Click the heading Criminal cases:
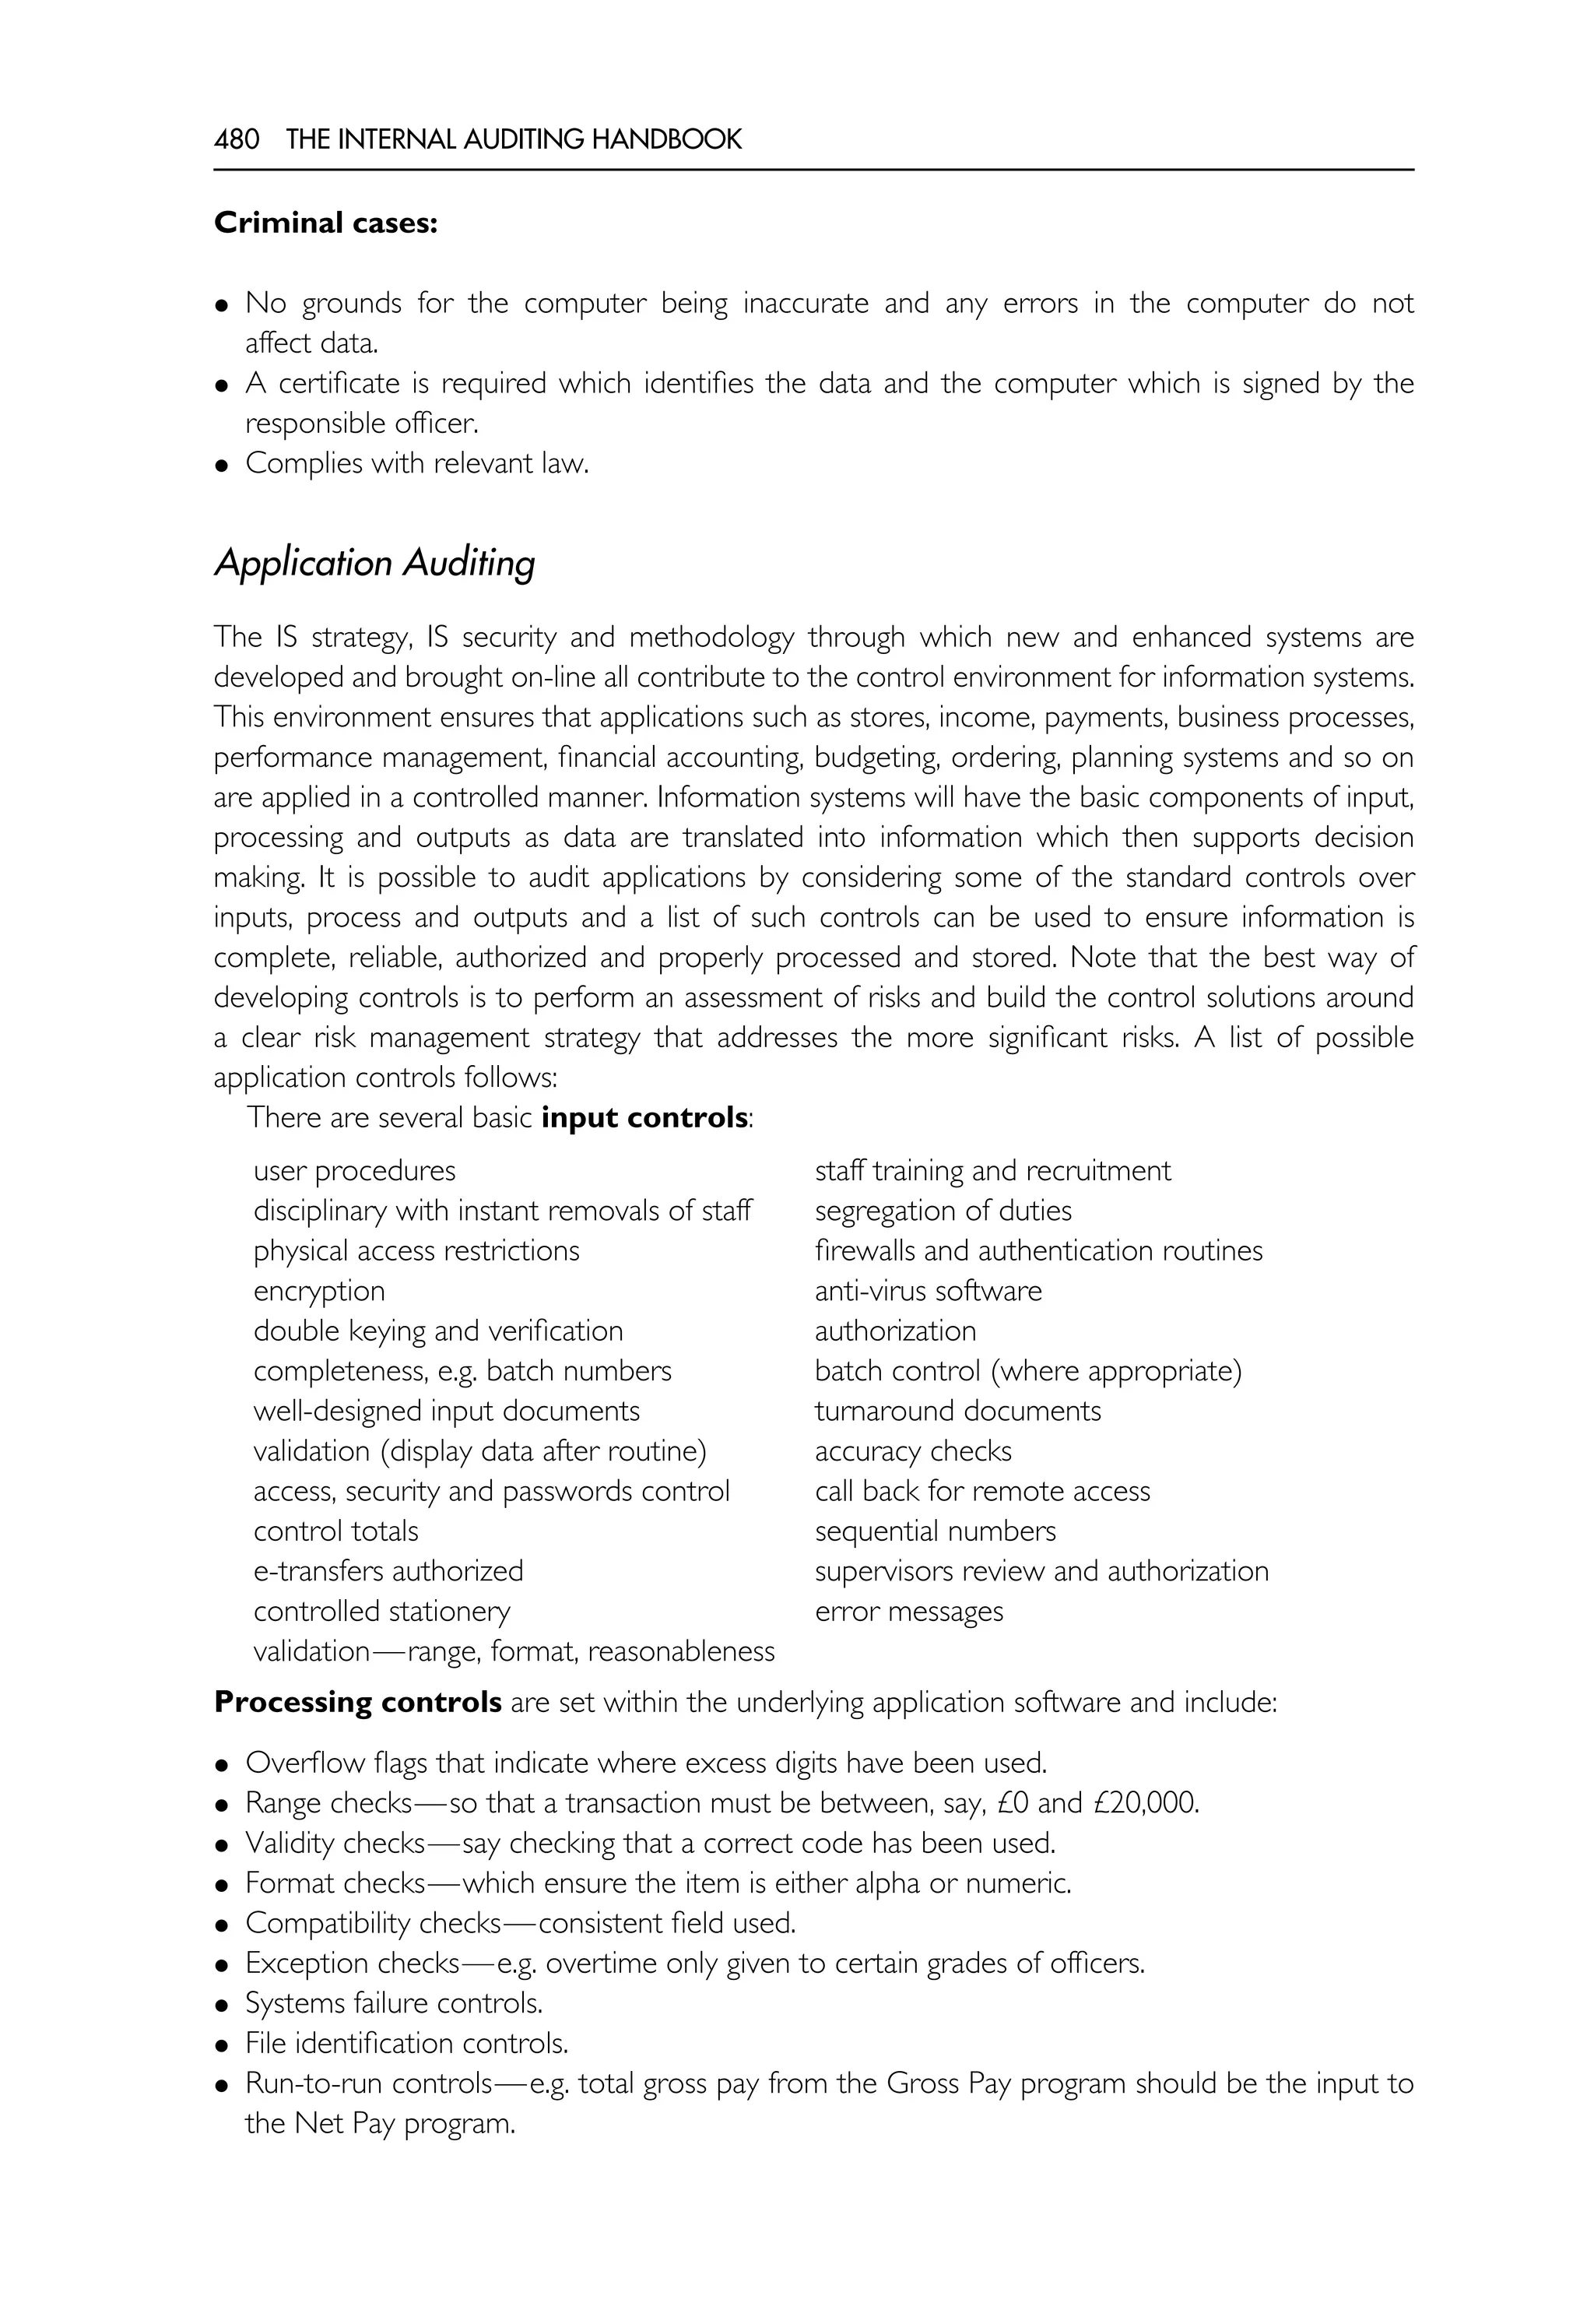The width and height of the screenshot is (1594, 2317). [325, 223]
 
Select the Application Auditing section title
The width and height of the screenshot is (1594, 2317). [374, 564]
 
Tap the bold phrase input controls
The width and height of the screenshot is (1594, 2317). [644, 1117]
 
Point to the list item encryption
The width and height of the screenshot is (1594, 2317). [318, 1291]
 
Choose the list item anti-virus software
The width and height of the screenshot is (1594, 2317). [928, 1291]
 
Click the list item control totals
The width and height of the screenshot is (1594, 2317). [335, 1531]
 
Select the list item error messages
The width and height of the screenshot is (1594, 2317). [909, 1611]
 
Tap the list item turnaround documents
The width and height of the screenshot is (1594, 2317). [958, 1411]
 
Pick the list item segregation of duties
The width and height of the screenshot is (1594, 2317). [943, 1211]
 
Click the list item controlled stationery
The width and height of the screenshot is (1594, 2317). [381, 1611]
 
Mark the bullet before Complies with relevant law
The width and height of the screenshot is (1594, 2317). [223, 466]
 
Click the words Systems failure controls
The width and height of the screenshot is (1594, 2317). [395, 2003]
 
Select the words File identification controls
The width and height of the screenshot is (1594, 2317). [406, 2043]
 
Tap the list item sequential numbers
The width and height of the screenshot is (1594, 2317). [935, 1531]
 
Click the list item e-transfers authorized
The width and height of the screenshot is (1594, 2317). [388, 1570]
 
